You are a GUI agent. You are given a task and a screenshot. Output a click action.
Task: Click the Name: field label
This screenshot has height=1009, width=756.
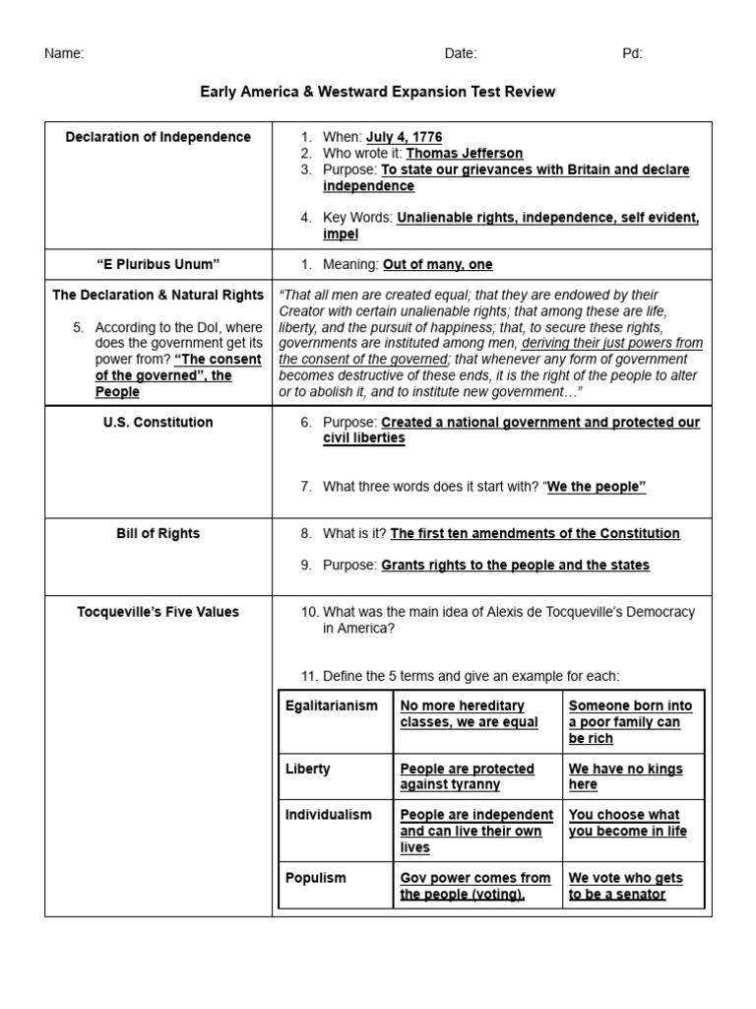coord(64,54)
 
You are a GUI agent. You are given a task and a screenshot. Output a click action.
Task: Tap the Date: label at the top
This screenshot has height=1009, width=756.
coord(460,54)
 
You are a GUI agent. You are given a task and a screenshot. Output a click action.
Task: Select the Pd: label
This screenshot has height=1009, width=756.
coord(632,54)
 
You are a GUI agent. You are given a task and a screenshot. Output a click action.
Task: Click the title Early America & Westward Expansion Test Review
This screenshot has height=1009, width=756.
coord(378,92)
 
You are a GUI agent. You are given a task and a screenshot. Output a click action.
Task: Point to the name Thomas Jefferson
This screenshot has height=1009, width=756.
coord(465,154)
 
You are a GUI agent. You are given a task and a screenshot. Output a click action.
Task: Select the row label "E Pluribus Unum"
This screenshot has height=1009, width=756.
coord(157,264)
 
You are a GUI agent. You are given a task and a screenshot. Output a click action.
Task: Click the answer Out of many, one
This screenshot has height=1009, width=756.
coord(438,264)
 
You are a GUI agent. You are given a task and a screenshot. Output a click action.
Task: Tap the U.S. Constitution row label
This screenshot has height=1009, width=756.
coord(157,422)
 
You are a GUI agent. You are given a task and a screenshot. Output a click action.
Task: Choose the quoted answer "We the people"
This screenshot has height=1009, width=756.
coord(597,487)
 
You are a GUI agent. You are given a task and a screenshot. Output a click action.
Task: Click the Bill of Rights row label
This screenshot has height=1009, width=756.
coord(157,533)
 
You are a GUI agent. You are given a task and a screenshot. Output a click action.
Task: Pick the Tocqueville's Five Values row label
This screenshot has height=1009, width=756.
coord(157,612)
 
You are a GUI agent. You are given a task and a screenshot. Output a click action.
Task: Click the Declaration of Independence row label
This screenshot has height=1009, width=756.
coord(157,137)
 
